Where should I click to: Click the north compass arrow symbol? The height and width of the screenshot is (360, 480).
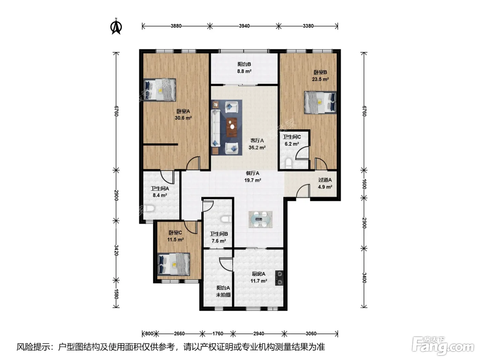[116, 26]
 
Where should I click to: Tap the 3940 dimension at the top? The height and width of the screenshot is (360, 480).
[244, 26]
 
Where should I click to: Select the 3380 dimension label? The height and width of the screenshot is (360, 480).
[308, 26]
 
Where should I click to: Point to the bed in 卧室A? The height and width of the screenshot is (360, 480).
[160, 89]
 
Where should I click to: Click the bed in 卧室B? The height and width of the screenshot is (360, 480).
[320, 103]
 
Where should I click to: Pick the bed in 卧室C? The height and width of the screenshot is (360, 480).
[173, 264]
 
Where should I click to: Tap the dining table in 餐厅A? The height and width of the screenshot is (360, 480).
[261, 219]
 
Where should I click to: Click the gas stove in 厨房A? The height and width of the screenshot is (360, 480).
[279, 278]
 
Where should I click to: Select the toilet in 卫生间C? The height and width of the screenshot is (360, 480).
[289, 164]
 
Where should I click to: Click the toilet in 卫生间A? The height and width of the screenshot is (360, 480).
[149, 208]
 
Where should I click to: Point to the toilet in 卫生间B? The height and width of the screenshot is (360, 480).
[226, 219]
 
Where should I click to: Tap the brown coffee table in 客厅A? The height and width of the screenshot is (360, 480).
[231, 127]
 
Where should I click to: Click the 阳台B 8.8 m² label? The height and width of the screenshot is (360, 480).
[244, 68]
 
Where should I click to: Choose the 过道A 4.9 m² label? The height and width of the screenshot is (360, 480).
[325, 183]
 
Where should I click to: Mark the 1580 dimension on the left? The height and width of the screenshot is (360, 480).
[116, 294]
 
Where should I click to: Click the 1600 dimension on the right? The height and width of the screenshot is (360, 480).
[364, 184]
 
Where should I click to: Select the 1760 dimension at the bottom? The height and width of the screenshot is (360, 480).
[218, 334]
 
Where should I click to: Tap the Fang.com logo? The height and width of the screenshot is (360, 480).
[443, 346]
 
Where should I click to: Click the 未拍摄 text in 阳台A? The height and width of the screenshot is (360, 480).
[223, 295]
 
